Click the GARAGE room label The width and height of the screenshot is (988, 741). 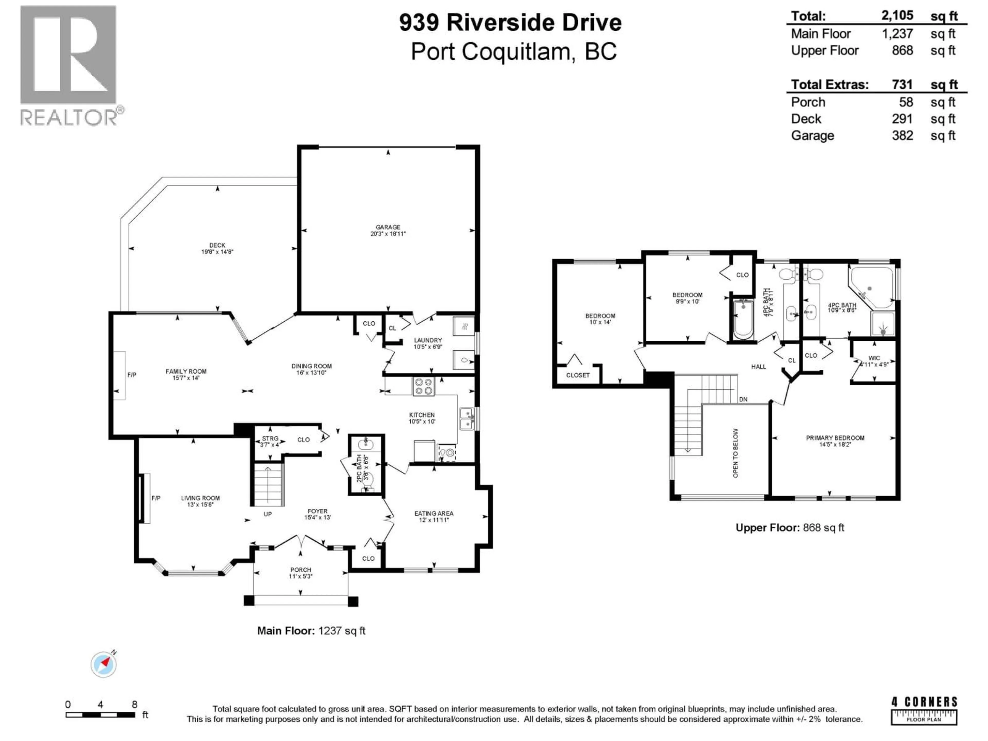tap(388, 227)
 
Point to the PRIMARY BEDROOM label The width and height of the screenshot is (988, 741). tap(835, 438)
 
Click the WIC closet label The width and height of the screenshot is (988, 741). tap(874, 358)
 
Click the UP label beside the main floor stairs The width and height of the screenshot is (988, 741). tap(268, 514)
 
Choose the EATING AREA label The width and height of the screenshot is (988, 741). tap(434, 513)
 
